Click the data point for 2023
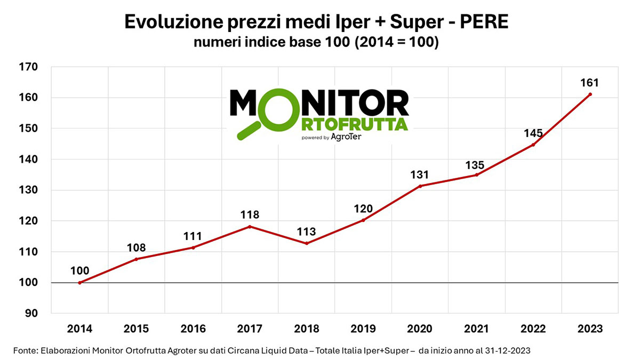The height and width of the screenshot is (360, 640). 590,94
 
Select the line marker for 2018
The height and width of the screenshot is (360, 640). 307,243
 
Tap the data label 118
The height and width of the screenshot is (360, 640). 250,215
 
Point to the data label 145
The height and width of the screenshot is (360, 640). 533,133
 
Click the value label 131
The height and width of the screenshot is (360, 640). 420,174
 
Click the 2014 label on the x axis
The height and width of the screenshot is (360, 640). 79,329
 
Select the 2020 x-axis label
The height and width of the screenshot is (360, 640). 420,329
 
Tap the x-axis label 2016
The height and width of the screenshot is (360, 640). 193,329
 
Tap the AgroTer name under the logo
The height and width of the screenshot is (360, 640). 346,137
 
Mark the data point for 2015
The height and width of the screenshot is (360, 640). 137,259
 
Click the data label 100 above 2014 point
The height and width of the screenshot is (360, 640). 79,271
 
